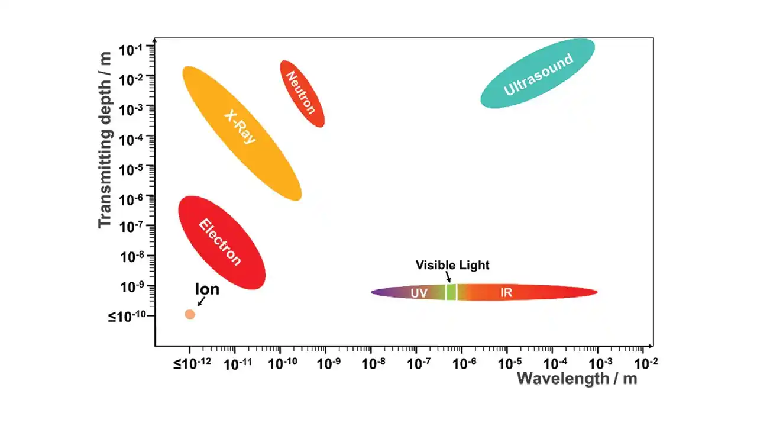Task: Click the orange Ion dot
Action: pyautogui.click(x=190, y=314)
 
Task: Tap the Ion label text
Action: pyautogui.click(x=207, y=289)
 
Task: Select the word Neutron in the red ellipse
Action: pyautogui.click(x=300, y=92)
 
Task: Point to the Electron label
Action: pyautogui.click(x=220, y=242)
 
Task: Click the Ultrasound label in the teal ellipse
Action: pyautogui.click(x=538, y=74)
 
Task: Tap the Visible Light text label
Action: pyautogui.click(x=452, y=265)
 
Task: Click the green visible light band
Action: pyautogui.click(x=451, y=292)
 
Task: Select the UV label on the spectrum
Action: pyautogui.click(x=419, y=293)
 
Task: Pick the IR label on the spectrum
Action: pyautogui.click(x=506, y=293)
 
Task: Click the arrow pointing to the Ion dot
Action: pyautogui.click(x=201, y=302)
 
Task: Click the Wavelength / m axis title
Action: pyautogui.click(x=577, y=379)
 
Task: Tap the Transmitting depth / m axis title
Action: pyautogui.click(x=105, y=139)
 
